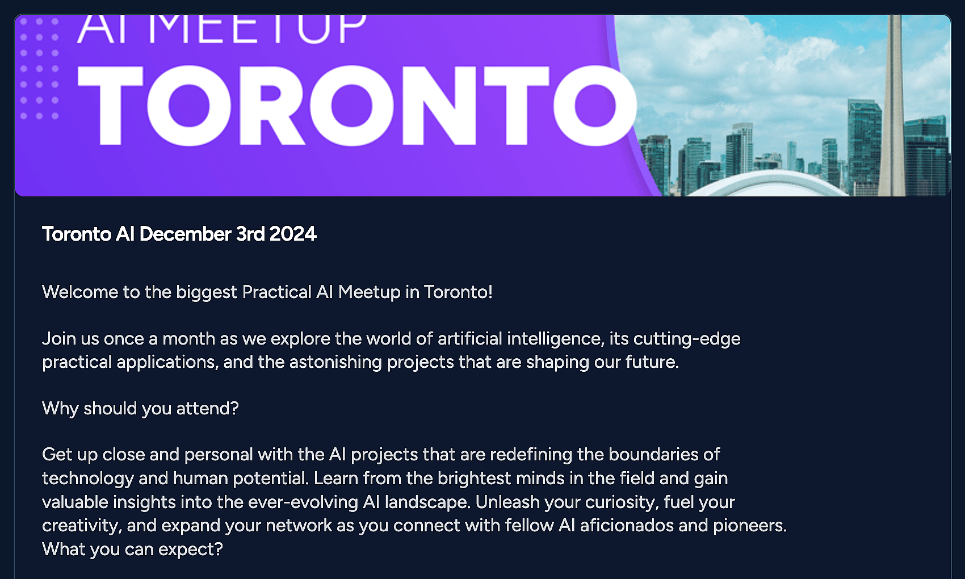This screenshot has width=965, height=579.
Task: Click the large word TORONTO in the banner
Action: tap(357, 106)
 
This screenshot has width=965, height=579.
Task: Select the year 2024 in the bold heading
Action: tap(293, 234)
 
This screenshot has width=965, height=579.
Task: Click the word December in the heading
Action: tap(186, 234)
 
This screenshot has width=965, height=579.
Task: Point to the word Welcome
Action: tap(80, 292)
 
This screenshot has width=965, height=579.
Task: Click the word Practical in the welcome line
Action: tap(276, 292)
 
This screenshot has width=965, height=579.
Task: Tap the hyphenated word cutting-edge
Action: tap(687, 339)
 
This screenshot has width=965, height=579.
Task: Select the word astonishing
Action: tap(335, 363)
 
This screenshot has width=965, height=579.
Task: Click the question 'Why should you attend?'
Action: tap(140, 409)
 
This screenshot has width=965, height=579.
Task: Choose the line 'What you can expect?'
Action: tap(133, 549)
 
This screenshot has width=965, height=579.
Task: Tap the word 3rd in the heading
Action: tap(251, 234)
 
